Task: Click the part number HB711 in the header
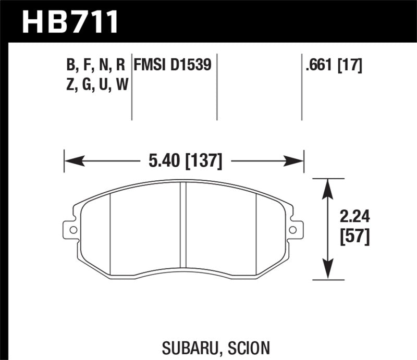coord(70,22)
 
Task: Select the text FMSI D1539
coord(173,65)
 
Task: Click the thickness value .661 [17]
coord(334,65)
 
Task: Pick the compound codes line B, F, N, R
coord(95,65)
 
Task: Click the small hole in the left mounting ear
coord(72,229)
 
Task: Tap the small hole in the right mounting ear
coord(293,229)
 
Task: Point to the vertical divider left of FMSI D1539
coord(131,86)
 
